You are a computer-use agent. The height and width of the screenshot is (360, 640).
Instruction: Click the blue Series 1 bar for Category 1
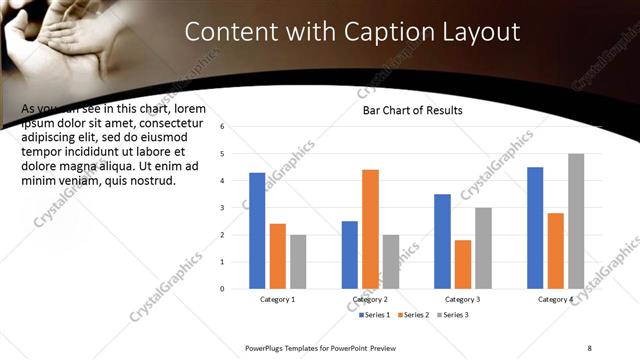point(257,230)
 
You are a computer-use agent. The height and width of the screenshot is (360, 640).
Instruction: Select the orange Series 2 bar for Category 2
point(370,229)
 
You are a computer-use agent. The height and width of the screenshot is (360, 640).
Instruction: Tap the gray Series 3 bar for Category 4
point(576,221)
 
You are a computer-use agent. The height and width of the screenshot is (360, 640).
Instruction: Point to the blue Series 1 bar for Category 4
point(535,227)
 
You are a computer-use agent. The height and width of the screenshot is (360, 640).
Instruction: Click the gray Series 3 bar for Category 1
point(298,261)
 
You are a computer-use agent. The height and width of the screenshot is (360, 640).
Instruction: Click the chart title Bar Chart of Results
point(412,110)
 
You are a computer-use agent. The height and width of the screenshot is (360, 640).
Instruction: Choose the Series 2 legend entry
point(412,315)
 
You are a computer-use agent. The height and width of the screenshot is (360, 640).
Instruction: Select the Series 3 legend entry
point(451,315)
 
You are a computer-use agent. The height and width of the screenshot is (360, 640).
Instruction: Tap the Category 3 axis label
point(462,299)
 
